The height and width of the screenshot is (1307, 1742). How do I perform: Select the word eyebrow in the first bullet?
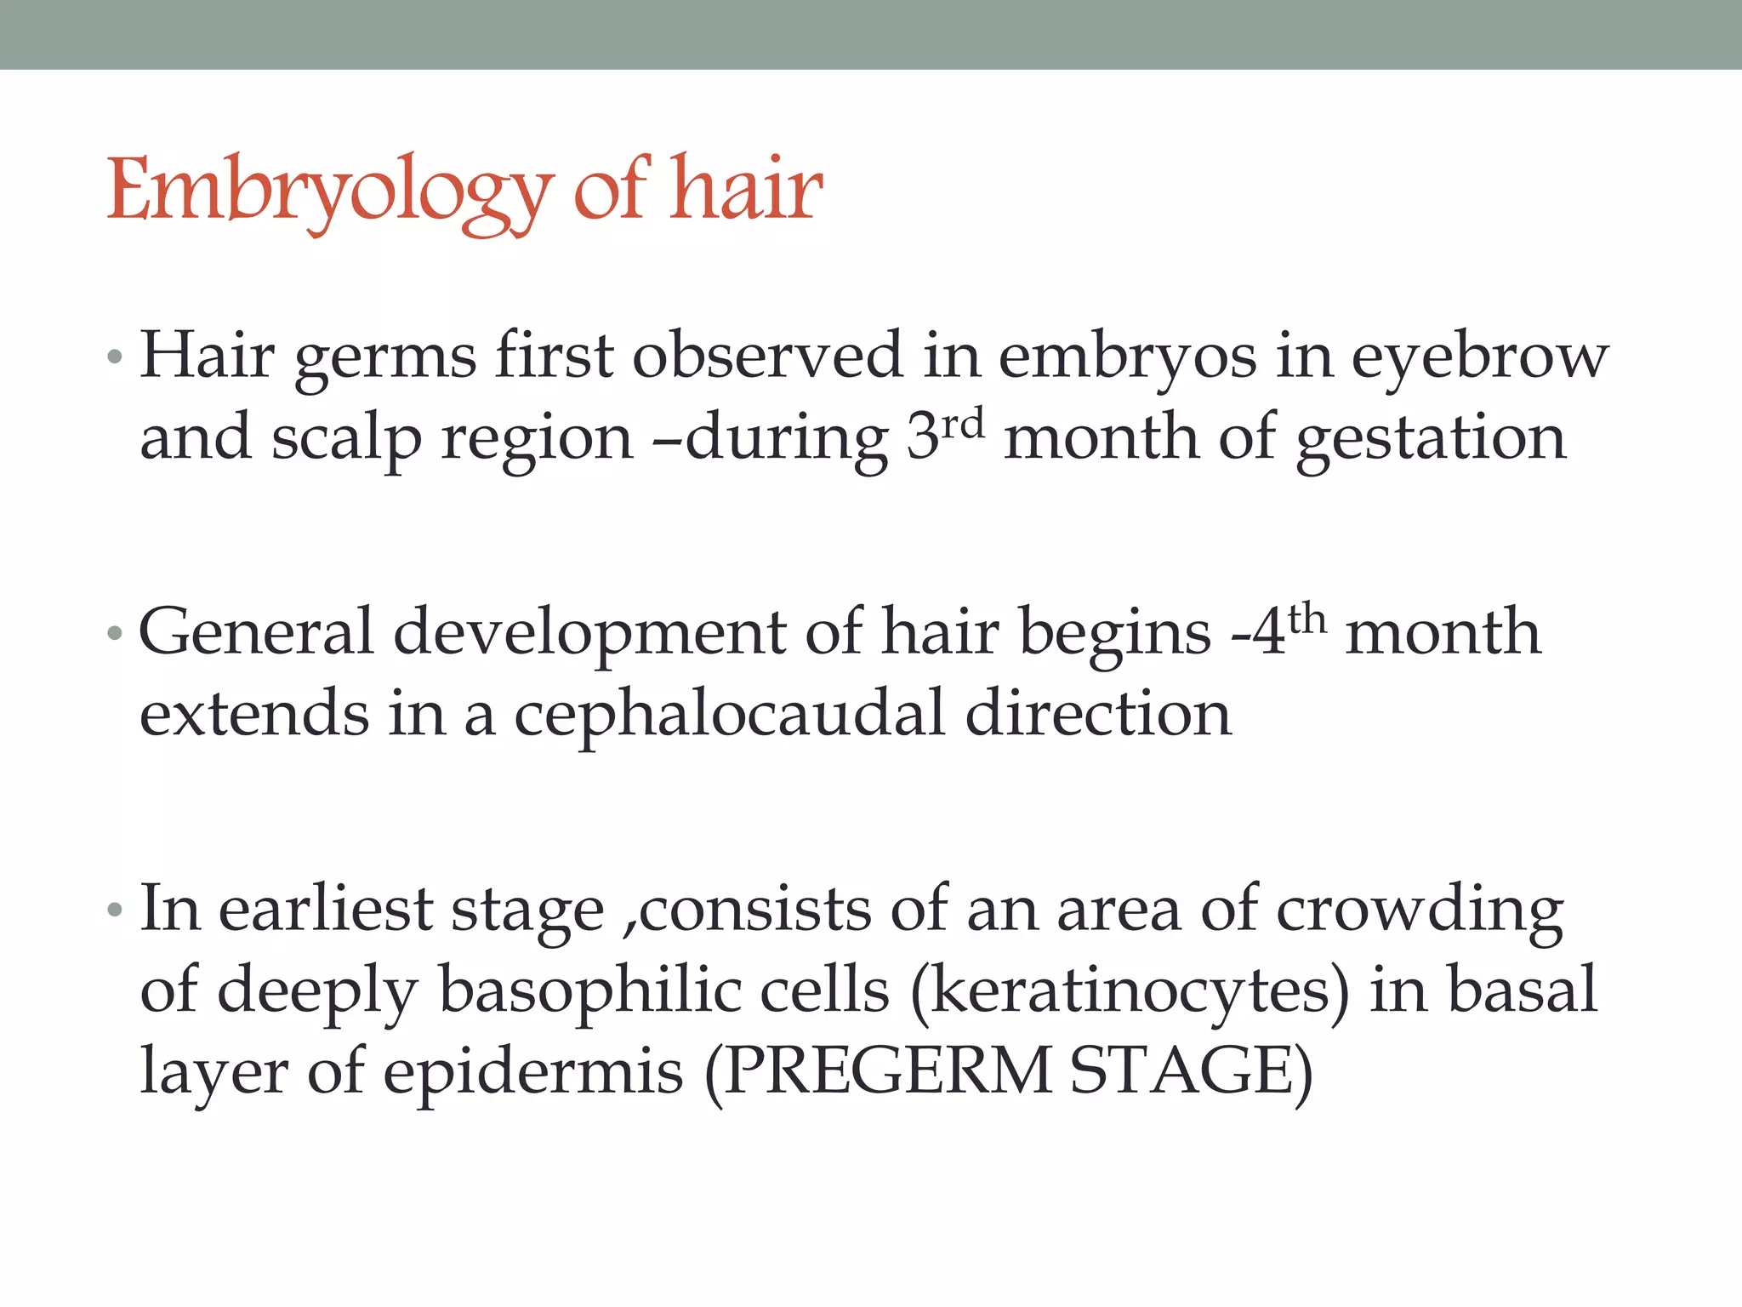click(x=1480, y=357)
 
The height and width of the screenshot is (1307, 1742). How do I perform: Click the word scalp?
click(x=345, y=439)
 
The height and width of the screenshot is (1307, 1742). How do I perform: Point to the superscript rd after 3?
click(x=963, y=423)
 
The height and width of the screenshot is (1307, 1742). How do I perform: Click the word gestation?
click(x=1431, y=439)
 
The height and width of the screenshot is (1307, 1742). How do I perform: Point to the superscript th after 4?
click(x=1306, y=619)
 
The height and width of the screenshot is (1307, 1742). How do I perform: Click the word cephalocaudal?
click(x=729, y=714)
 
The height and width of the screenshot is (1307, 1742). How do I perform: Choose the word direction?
click(x=1098, y=714)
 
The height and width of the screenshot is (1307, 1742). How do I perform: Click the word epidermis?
click(x=532, y=1072)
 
